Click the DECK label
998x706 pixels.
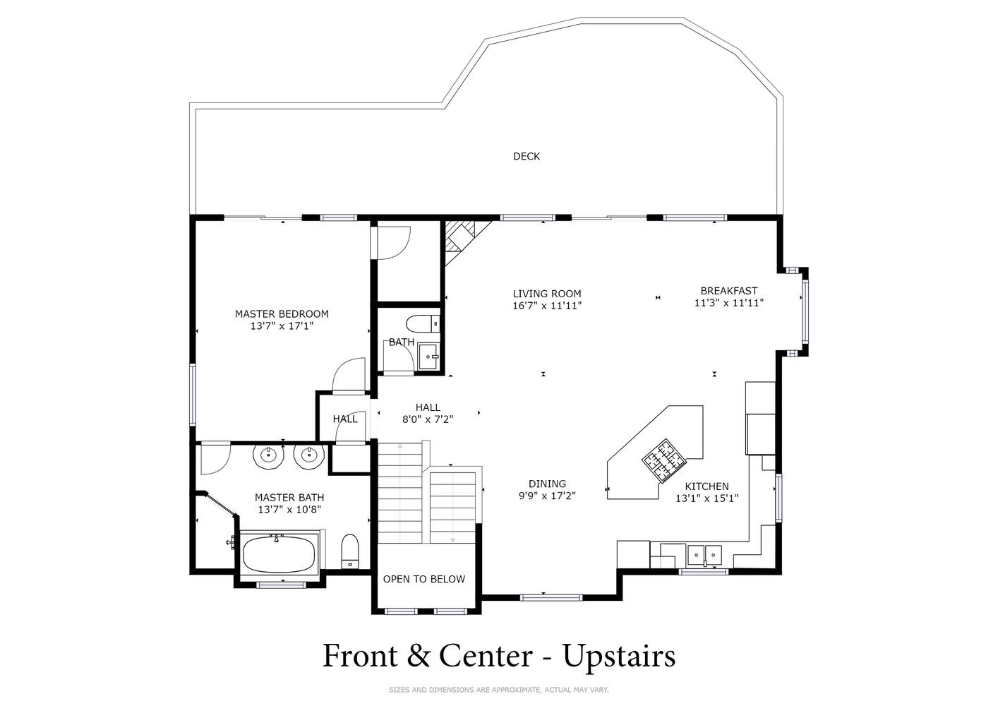(x=527, y=157)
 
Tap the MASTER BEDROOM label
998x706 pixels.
(x=282, y=313)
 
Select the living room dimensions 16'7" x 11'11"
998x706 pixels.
(x=547, y=306)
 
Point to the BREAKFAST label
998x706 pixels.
(x=729, y=291)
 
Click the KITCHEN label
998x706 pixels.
(x=707, y=486)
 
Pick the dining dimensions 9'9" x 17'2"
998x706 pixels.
(x=547, y=496)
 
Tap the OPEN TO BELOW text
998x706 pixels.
(x=424, y=579)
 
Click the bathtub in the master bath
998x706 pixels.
(x=279, y=554)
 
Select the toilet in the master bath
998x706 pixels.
(x=350, y=551)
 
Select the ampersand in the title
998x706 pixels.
(x=419, y=656)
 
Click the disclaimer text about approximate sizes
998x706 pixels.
(x=498, y=690)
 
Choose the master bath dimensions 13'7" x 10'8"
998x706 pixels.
(x=289, y=510)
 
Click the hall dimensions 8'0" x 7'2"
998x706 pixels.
(x=428, y=419)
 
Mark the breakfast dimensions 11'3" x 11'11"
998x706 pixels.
(x=729, y=303)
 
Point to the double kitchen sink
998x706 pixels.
(x=704, y=555)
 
